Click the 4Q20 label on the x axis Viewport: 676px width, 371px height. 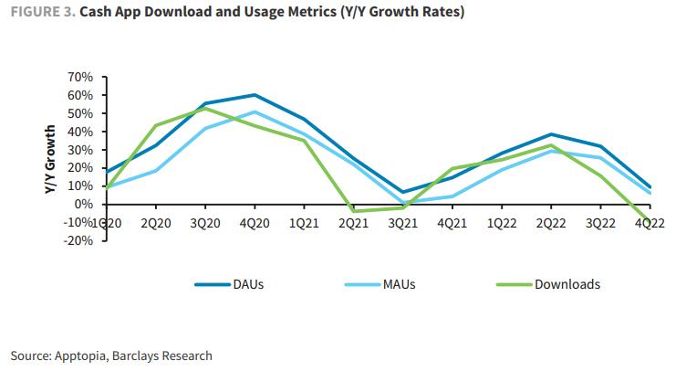[255, 223]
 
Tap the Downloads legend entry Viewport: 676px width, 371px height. [567, 284]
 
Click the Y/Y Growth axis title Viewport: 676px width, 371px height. [50, 159]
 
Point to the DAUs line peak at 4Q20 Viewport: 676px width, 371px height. [255, 95]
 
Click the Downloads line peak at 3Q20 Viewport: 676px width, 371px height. [205, 108]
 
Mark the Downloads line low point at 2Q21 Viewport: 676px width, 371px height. [354, 211]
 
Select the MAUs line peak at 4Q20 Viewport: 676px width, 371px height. [255, 112]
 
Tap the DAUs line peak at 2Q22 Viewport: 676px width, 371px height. [551, 134]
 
